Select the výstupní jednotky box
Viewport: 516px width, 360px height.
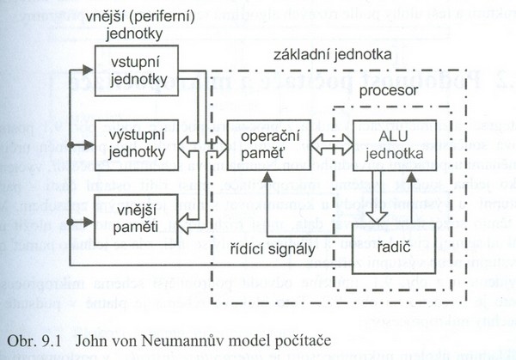click(x=137, y=139)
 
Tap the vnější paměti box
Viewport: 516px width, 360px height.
click(x=137, y=217)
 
